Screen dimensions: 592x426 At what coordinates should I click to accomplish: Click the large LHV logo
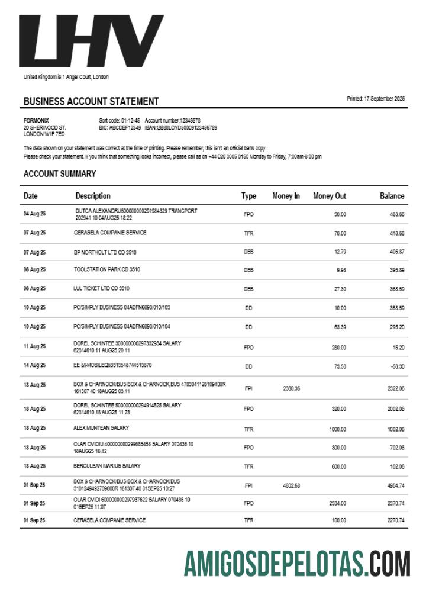click(92, 41)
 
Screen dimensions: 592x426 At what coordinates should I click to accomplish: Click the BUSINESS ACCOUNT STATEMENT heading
click(91, 101)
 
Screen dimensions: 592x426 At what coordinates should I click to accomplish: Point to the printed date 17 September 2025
click(376, 99)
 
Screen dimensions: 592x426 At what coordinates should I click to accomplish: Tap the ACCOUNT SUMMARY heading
click(59, 174)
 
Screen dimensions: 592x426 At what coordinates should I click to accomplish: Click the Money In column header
click(286, 196)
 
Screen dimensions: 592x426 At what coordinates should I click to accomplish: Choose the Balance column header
click(392, 196)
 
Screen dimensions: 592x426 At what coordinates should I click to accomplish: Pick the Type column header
click(248, 196)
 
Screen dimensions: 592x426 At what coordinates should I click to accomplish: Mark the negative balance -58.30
click(396, 366)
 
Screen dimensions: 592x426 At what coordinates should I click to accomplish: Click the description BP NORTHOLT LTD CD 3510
click(105, 252)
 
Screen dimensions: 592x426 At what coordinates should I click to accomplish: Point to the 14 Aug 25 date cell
click(34, 366)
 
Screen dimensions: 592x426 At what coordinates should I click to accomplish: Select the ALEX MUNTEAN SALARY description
click(101, 427)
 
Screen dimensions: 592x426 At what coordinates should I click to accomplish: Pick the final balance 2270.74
click(395, 520)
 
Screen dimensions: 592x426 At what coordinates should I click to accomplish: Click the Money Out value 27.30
click(340, 289)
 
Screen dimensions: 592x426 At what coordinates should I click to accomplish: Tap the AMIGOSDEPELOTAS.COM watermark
click(296, 563)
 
